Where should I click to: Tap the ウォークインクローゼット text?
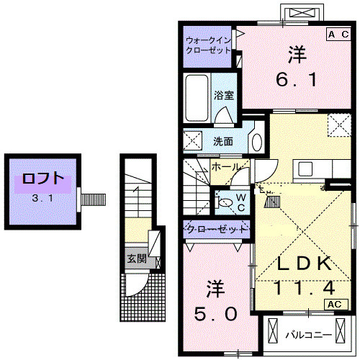click(207, 45)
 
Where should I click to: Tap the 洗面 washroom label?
click(222, 142)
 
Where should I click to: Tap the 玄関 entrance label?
click(136, 258)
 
